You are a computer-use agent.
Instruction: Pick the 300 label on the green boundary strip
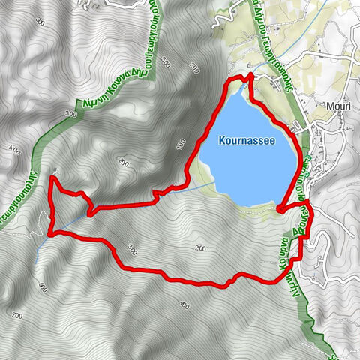(x=71, y=114)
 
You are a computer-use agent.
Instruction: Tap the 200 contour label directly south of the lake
(x=199, y=247)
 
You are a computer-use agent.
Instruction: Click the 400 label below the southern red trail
(x=184, y=304)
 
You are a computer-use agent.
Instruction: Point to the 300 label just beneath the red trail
(x=133, y=252)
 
